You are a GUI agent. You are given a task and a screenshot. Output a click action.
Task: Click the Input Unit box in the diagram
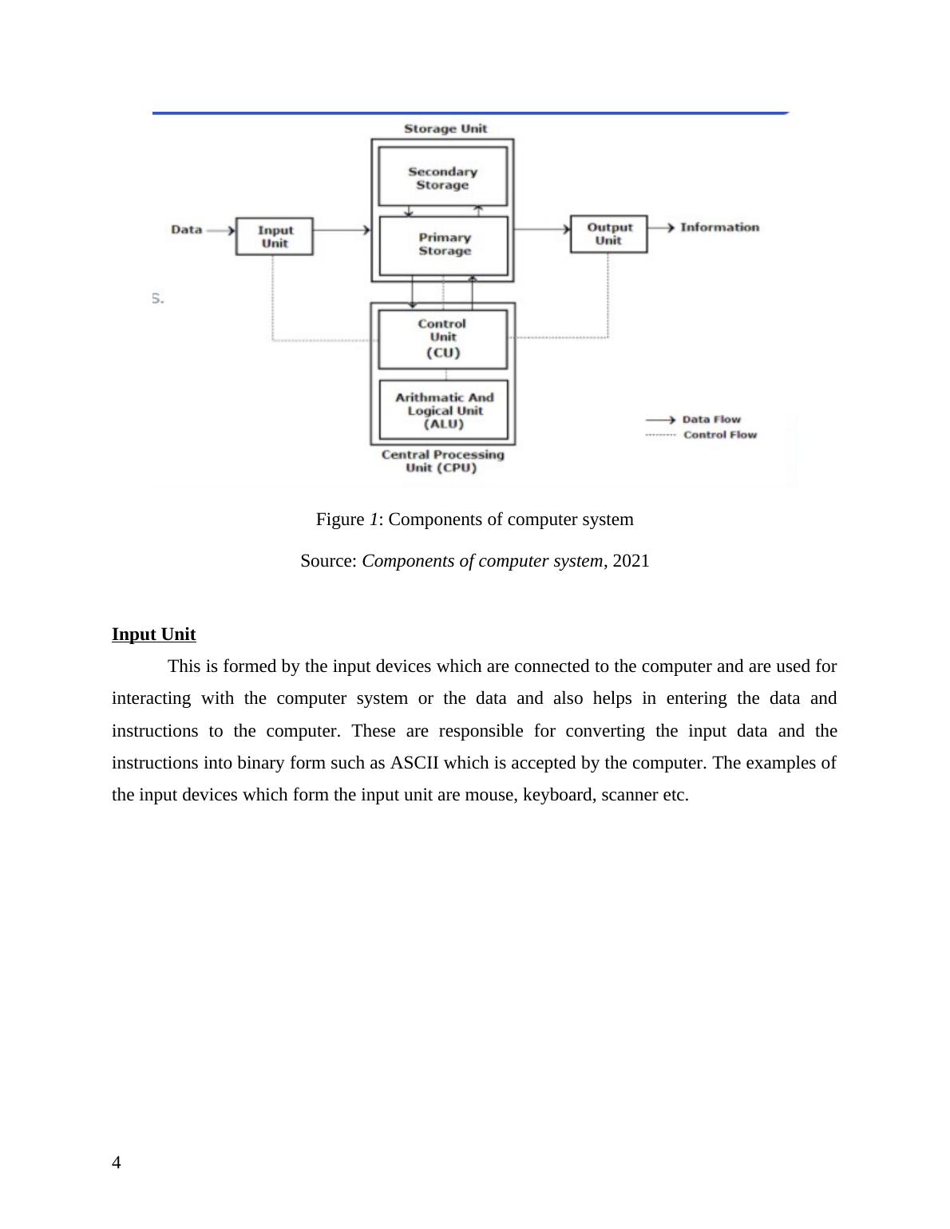tap(274, 236)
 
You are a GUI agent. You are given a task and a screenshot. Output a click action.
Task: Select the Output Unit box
tap(608, 234)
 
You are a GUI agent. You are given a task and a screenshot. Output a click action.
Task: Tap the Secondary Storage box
tap(442, 178)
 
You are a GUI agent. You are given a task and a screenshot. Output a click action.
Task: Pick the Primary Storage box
tap(444, 244)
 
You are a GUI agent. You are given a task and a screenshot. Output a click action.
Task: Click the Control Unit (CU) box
tap(442, 338)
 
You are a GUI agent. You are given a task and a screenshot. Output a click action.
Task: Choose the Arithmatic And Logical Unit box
tap(444, 410)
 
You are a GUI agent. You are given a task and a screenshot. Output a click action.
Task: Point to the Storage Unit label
tap(445, 128)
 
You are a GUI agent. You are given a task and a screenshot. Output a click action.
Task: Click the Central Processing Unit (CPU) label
tap(442, 461)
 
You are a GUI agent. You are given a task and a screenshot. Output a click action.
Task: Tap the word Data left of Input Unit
tap(186, 230)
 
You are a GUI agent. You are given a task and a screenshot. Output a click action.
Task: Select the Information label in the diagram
tap(719, 227)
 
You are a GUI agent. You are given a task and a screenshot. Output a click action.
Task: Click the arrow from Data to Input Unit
tap(220, 230)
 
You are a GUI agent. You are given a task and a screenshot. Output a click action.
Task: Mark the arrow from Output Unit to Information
tap(661, 227)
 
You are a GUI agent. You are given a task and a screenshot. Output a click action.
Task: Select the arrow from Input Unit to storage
tap(342, 230)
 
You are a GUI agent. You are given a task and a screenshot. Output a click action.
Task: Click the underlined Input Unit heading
tap(153, 634)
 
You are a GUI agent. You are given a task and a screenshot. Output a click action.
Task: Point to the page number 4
tap(117, 1163)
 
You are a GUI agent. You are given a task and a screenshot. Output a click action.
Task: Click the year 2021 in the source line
tap(631, 561)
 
